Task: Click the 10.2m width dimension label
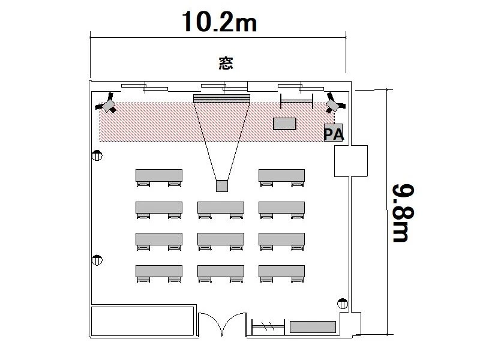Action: coord(219,22)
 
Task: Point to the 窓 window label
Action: coord(226,63)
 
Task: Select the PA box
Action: coord(334,133)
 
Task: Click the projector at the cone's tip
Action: coord(222,186)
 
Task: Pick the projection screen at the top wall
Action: coord(221,98)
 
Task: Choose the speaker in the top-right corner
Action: coord(335,103)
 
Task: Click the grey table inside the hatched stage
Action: coord(284,124)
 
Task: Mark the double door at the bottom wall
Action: coord(222,324)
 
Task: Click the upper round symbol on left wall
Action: coord(97,155)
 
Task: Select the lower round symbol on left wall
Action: coord(97,260)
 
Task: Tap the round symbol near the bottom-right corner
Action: coord(343,304)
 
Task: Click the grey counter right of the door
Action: coord(313,327)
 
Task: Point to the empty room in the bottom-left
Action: coord(143,322)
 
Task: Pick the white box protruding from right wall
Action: coord(351,161)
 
